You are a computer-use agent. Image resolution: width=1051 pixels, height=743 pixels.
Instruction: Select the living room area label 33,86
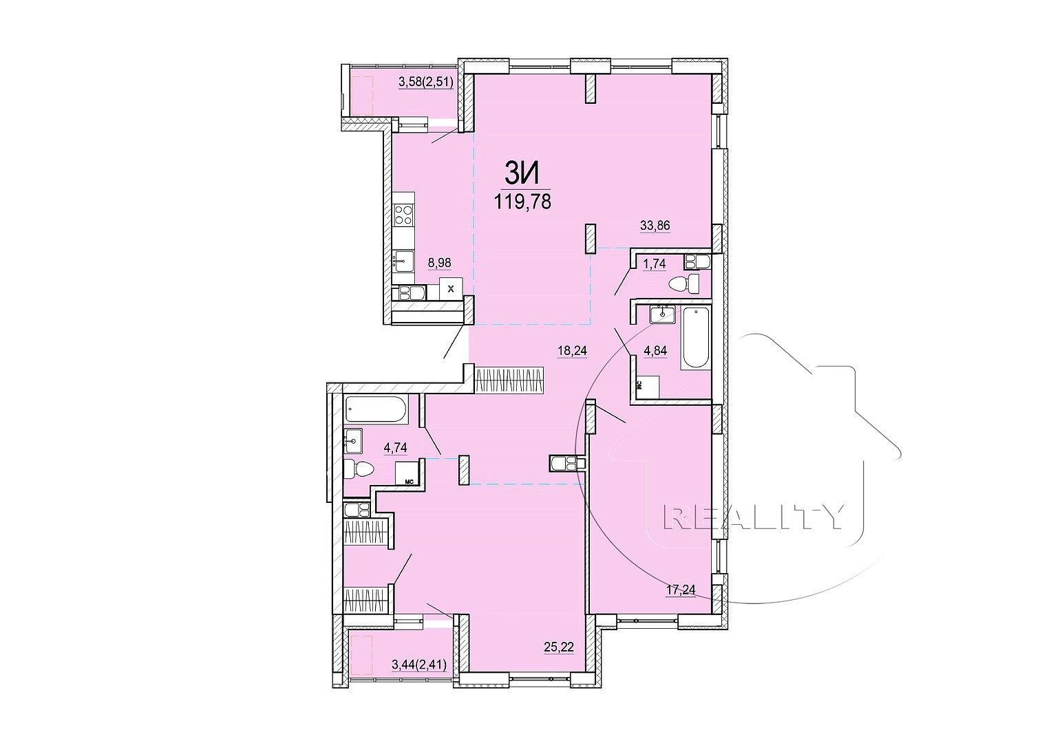655,226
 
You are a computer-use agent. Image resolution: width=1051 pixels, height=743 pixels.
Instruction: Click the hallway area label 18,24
573,351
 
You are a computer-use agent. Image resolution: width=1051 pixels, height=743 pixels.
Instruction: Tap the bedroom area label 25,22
559,648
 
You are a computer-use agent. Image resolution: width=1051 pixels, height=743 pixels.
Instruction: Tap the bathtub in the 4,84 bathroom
696,338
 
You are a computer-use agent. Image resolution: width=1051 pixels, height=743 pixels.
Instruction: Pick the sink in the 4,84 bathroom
663,314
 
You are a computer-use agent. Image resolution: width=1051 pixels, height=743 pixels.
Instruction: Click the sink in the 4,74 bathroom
353,441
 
